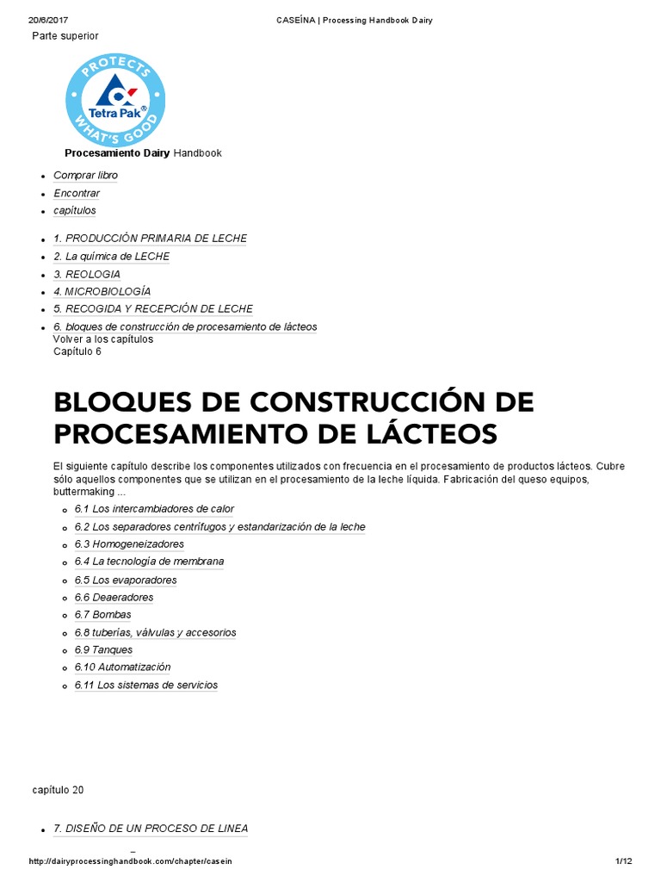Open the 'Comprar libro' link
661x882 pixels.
85,176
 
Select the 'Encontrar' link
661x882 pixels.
77,194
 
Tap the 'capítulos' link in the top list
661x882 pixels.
75,211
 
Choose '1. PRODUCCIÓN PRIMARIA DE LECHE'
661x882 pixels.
150,239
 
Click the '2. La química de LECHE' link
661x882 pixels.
111,257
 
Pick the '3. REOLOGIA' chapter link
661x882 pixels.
86,275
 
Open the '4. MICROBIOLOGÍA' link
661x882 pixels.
102,292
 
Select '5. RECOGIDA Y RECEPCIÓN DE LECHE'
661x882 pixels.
153,309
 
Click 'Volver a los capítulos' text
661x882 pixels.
103,339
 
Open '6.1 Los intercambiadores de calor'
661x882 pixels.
154,509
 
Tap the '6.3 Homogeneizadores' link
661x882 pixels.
129,544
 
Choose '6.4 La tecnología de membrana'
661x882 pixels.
149,562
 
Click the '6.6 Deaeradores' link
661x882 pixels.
114,598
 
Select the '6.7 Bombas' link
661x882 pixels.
103,615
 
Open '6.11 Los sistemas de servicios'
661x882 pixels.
146,686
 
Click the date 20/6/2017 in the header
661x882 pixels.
49,21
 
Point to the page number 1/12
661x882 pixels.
623,861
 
